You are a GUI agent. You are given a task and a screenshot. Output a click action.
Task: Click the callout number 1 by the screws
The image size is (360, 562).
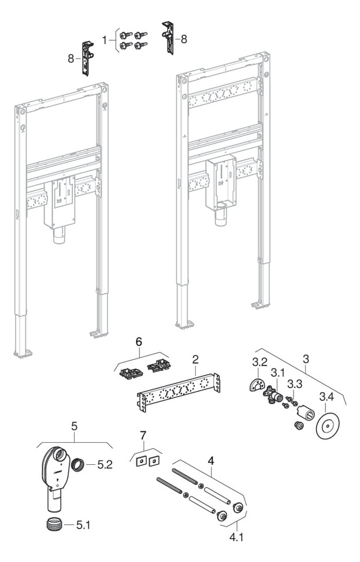105,40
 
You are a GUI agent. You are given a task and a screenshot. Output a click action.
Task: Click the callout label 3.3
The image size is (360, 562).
295,384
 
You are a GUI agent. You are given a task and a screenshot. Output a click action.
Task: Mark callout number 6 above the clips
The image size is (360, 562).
138,342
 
